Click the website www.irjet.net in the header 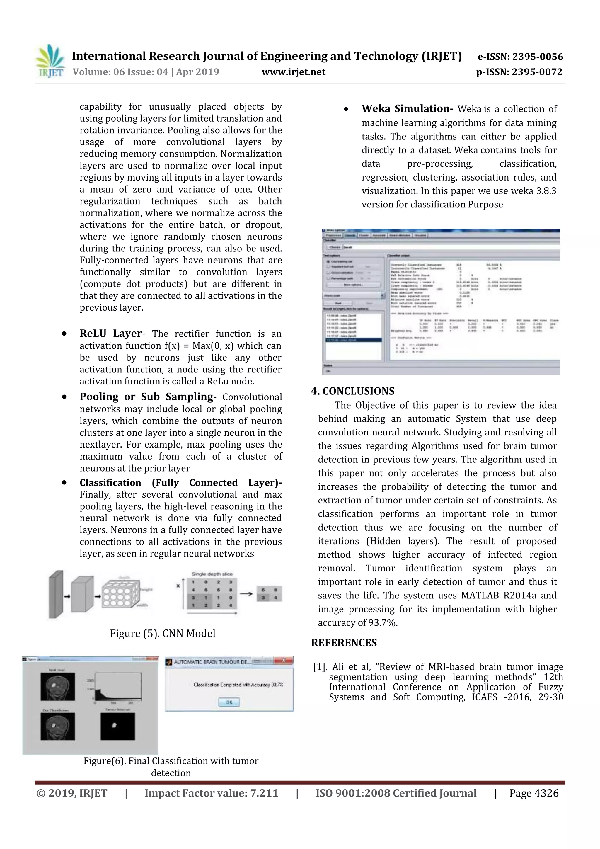click(x=294, y=72)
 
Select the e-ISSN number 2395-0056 click(x=538, y=57)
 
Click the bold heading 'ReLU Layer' click(x=110, y=333)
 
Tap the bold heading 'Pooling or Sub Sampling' click(x=146, y=397)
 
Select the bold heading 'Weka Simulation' click(x=407, y=109)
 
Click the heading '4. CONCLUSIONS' click(x=353, y=391)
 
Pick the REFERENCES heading click(x=344, y=643)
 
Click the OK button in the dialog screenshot click(x=229, y=702)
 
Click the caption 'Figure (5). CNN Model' click(x=162, y=633)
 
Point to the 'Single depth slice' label click(x=212, y=574)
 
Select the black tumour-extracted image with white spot click(x=117, y=726)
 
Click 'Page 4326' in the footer click(x=533, y=793)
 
